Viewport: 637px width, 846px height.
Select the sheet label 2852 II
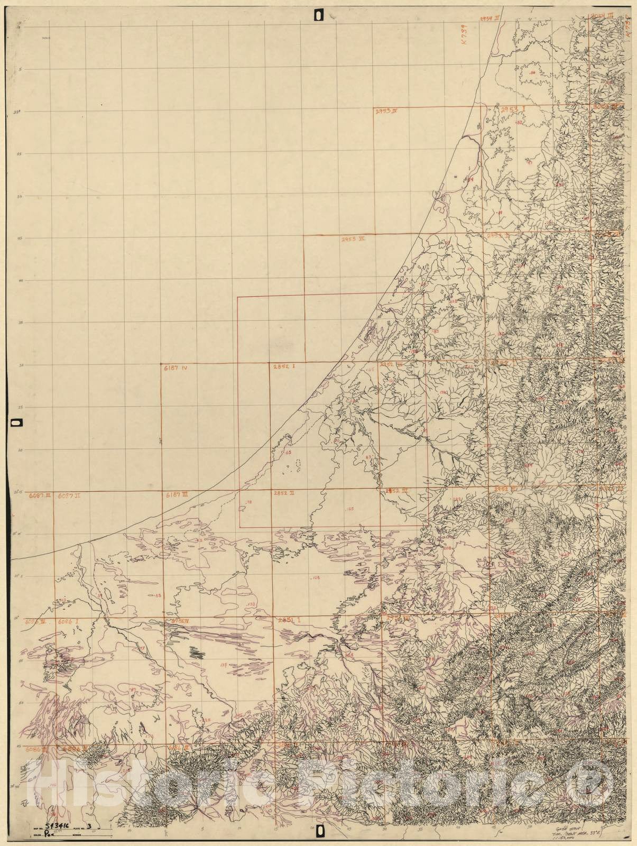pos(284,493)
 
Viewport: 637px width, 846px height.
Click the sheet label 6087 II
pos(69,495)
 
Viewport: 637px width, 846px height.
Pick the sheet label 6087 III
pos(40,495)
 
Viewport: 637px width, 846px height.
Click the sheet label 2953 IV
pos(386,111)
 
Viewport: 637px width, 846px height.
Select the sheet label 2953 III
pos(354,239)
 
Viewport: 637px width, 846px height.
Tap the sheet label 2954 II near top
pos(490,4)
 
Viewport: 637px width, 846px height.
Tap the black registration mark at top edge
pos(318,15)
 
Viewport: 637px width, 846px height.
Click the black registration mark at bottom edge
pos(319,832)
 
